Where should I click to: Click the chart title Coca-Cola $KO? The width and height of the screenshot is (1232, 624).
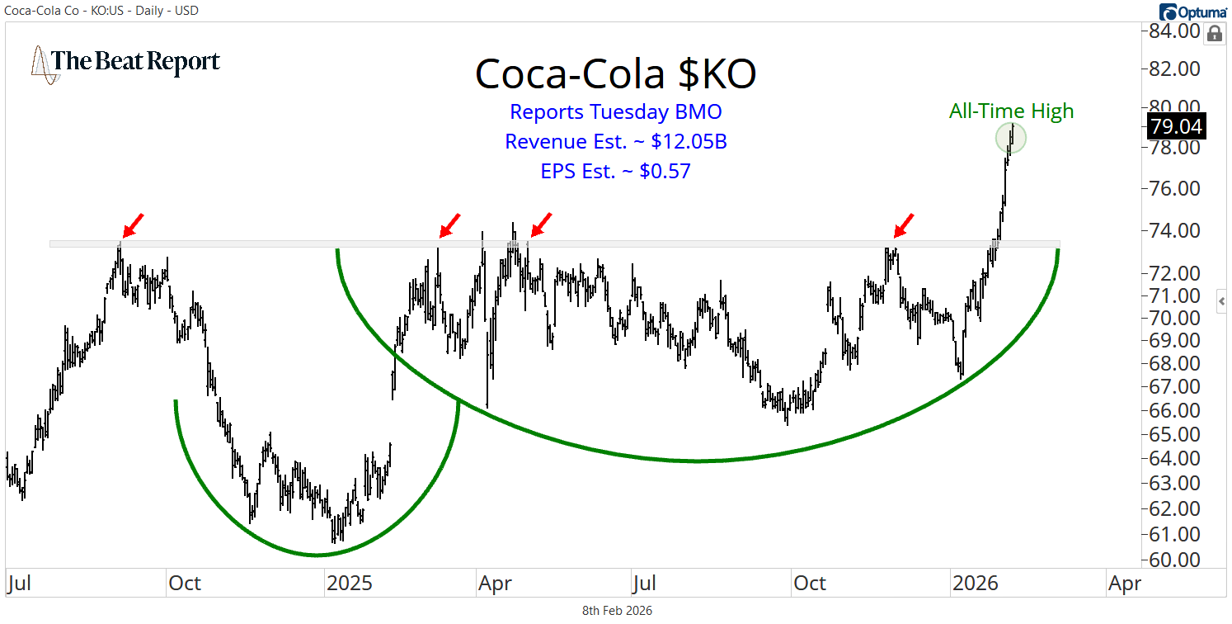(615, 75)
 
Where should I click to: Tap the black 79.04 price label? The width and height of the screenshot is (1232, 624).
(1177, 127)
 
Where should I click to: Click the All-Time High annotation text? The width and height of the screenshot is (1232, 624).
(1011, 111)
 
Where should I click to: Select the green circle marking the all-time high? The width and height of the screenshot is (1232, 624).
(1010, 138)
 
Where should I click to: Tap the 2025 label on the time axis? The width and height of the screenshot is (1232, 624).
(350, 584)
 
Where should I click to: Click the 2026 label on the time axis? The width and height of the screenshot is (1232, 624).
(976, 584)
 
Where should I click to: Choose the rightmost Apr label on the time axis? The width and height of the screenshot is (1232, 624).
(1125, 584)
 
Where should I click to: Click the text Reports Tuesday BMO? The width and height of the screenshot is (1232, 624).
(615, 111)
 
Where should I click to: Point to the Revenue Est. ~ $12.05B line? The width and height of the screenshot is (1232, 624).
(615, 141)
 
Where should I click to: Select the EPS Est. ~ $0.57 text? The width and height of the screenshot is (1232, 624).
(615, 171)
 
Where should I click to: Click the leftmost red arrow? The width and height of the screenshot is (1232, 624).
(133, 224)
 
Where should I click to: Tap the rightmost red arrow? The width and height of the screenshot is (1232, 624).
(904, 224)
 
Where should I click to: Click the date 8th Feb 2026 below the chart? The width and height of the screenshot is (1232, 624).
(617, 611)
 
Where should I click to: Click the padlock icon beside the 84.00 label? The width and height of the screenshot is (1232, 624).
(1215, 33)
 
